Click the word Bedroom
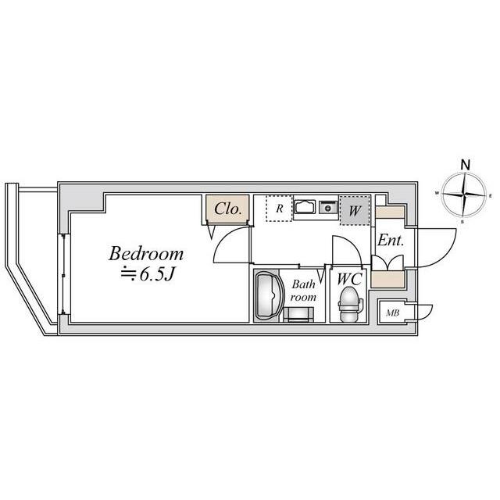146,254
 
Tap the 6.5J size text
157,274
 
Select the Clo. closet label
227,209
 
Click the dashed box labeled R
280,209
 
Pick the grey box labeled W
355,210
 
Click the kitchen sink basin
305,207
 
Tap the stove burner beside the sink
328,207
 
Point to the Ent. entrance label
391,241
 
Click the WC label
349,279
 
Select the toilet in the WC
350,304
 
